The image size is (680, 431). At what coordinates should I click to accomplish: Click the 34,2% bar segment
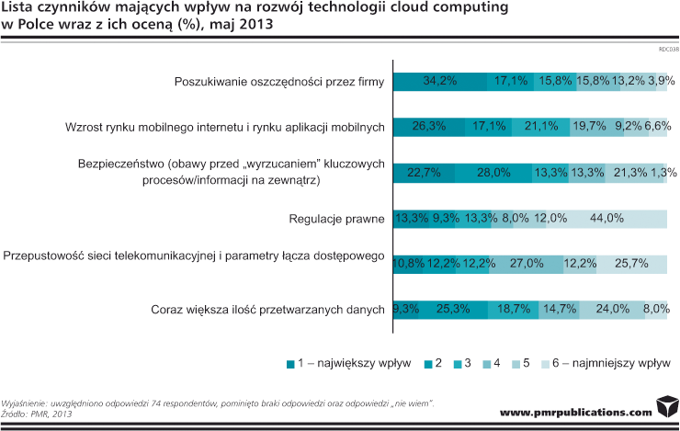[440, 81]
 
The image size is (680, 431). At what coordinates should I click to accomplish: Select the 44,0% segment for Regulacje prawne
[607, 219]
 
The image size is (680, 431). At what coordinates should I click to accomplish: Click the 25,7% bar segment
[632, 264]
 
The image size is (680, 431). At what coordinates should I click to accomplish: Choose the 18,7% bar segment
[514, 310]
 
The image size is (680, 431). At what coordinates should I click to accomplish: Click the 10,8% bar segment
[408, 264]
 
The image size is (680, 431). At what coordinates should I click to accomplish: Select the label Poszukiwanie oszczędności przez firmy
[278, 82]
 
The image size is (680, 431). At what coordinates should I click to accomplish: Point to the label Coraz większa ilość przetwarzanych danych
[266, 310]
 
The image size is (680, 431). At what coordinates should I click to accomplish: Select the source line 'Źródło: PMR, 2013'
[37, 414]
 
